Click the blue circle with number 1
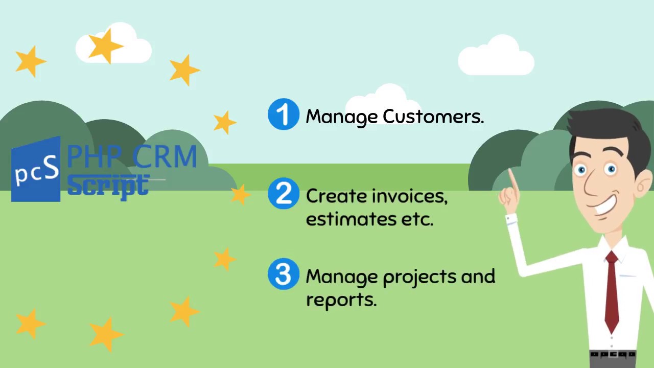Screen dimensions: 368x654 [284, 114]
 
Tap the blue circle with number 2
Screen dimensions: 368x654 [284, 194]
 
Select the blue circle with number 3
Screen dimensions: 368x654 [284, 274]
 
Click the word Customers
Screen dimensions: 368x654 [433, 117]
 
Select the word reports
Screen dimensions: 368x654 [341, 300]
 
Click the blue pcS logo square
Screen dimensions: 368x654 [36, 170]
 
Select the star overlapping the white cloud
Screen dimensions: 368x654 [105, 46]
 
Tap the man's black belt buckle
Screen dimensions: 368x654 [612, 354]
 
